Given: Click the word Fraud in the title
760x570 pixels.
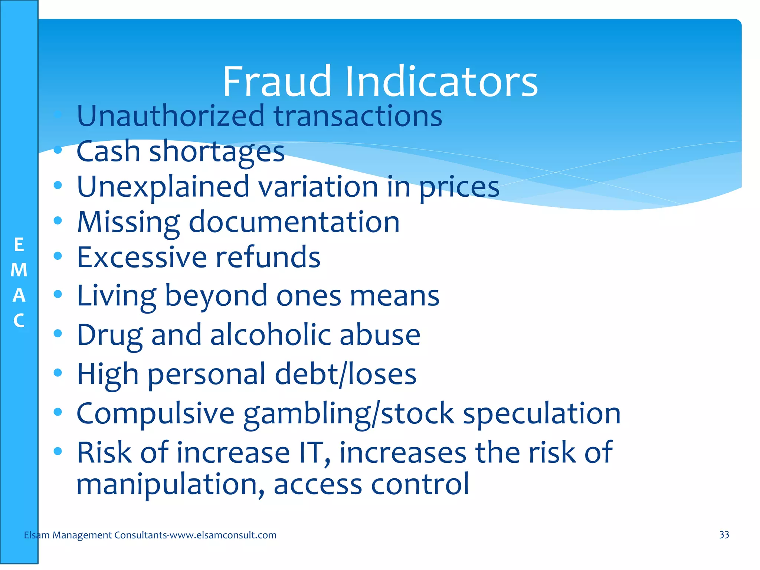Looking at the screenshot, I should (x=276, y=82).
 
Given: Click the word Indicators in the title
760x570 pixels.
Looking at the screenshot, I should (x=441, y=82).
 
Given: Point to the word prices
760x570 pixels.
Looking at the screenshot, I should (x=459, y=187).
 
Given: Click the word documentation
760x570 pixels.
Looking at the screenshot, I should (x=294, y=222).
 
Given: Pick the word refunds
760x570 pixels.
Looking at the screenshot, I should (x=268, y=258).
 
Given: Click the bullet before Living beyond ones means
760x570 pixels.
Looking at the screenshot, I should (x=58, y=294).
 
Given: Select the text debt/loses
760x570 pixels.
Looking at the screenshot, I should (x=345, y=374).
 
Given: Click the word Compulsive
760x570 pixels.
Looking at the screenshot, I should (x=155, y=413).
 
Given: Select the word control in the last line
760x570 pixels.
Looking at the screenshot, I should (x=420, y=484).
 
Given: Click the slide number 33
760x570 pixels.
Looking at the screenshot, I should (x=724, y=535).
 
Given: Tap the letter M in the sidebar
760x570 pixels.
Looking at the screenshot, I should (x=19, y=270).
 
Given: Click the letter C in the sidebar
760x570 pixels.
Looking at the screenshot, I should (x=19, y=321).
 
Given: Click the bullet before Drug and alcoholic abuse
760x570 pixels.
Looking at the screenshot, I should (x=58, y=333).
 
